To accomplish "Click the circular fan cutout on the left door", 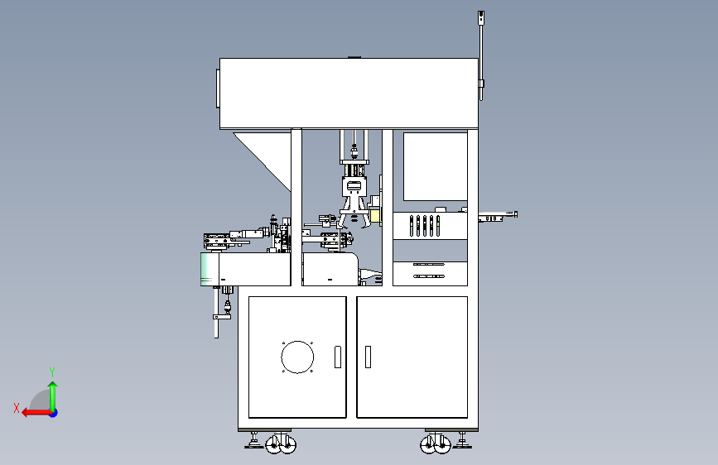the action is pos(297,357).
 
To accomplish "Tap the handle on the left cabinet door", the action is pos(337,357).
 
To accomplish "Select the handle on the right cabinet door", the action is pos(367,357).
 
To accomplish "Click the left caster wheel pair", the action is pos(280,444).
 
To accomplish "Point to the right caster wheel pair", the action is pos(434,445).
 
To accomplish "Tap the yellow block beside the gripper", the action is pos(374,217).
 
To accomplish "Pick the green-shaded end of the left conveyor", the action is pos(207,270).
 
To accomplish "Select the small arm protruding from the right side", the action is pos(498,218).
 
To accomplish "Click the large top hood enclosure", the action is pos(348,93).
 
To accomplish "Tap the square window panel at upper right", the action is pos(435,166).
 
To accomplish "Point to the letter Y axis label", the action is pos(52,372).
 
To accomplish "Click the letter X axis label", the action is pos(16,407).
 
